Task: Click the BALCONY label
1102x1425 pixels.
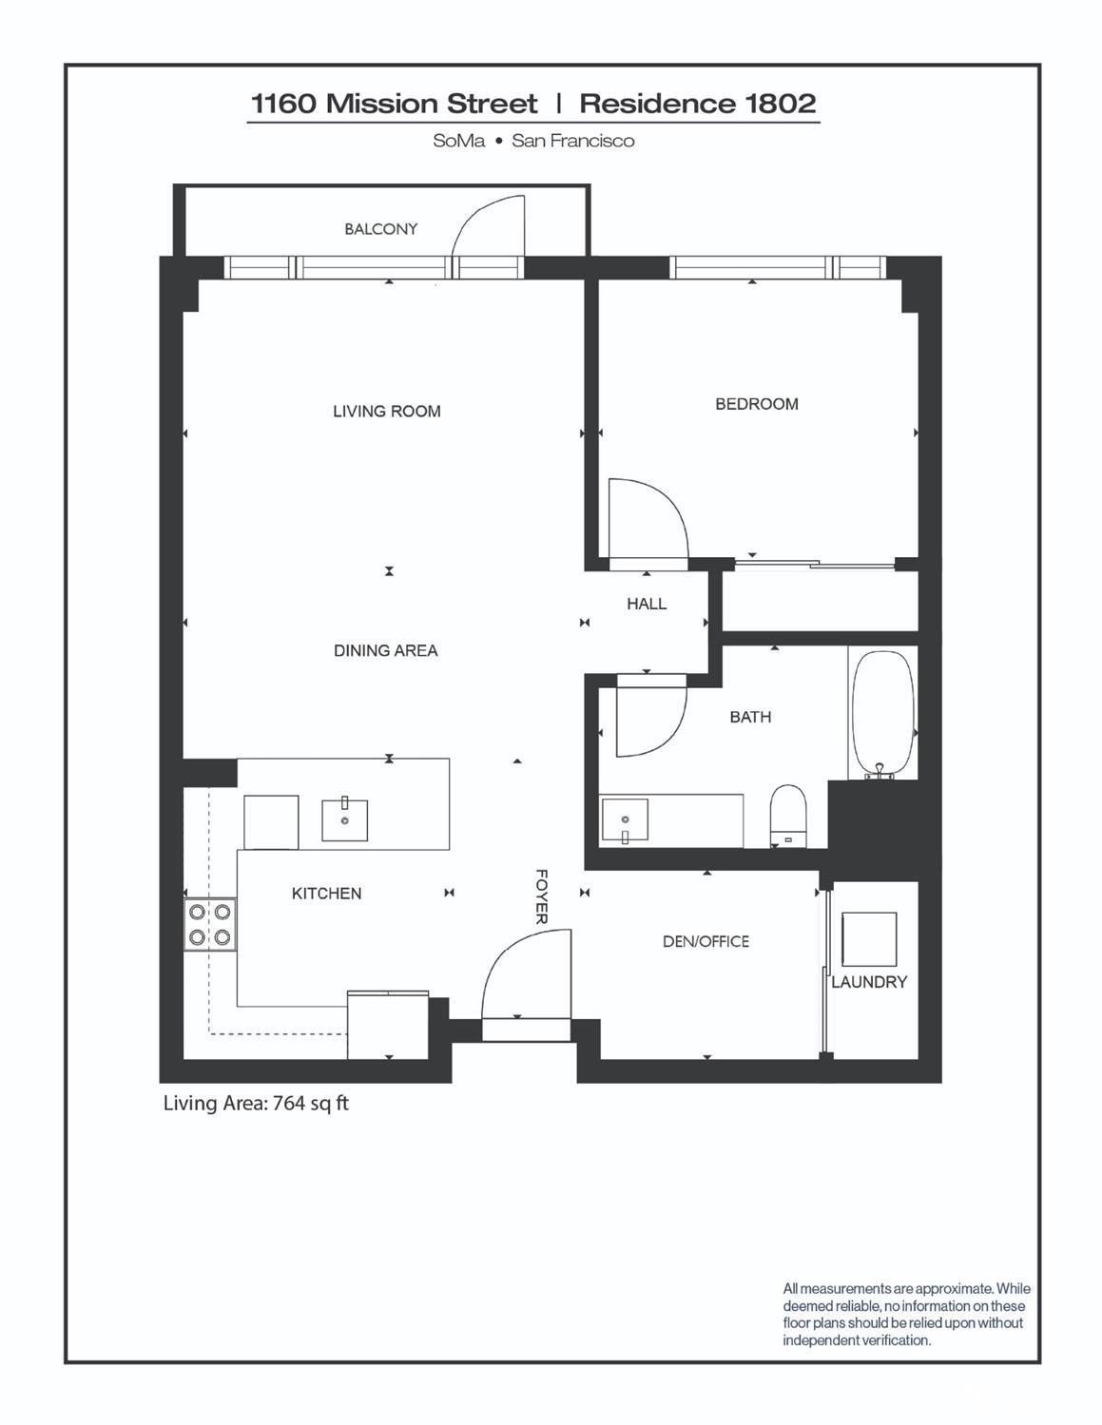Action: click(380, 229)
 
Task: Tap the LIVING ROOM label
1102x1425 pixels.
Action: click(386, 412)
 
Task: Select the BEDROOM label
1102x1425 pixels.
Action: click(756, 404)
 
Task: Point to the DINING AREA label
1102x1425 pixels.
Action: click(385, 651)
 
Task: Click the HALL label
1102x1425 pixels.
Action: click(647, 604)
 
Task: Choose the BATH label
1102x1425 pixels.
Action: click(750, 717)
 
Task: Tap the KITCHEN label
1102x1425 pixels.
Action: click(326, 894)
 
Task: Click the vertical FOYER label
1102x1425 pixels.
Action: click(541, 896)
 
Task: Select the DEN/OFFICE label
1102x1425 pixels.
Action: click(706, 941)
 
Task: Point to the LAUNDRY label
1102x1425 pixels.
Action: click(869, 982)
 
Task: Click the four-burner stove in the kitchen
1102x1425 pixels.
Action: click(210, 924)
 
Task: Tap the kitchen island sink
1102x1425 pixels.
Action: click(344, 820)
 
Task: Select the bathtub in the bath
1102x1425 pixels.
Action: click(882, 713)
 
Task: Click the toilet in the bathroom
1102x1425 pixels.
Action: click(788, 815)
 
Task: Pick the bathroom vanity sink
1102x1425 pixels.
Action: click(625, 820)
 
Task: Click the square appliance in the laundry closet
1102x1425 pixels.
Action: click(869, 939)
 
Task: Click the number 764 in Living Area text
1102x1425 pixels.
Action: click(289, 1104)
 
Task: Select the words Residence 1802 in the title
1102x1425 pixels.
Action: click(698, 103)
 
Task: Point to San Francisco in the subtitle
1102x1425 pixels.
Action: click(572, 141)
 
